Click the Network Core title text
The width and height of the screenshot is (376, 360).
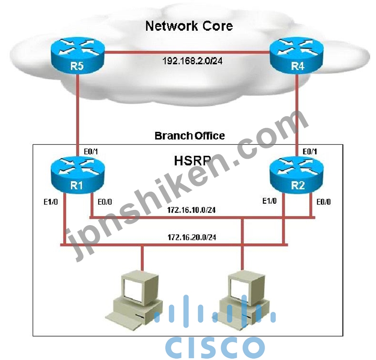pyautogui.click(x=189, y=26)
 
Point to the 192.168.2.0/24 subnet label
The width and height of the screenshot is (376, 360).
pyautogui.click(x=192, y=61)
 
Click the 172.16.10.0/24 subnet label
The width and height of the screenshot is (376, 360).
pyautogui.click(x=191, y=210)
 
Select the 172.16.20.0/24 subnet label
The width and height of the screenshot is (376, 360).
pyautogui.click(x=192, y=238)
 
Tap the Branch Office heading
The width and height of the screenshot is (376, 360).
pyautogui.click(x=190, y=136)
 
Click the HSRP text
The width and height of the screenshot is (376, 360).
pyautogui.click(x=193, y=160)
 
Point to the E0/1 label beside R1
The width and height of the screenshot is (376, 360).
pyautogui.click(x=91, y=151)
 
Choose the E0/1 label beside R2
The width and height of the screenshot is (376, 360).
pyautogui.click(x=310, y=151)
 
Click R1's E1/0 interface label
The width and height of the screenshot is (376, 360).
pyautogui.click(x=51, y=202)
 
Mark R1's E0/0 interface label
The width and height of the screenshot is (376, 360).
pyautogui.click(x=105, y=202)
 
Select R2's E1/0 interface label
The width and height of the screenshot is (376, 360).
pyautogui.click(x=269, y=201)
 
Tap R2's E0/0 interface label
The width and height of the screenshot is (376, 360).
pyautogui.click(x=324, y=202)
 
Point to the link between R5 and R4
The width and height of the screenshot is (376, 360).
pyautogui.click(x=187, y=52)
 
